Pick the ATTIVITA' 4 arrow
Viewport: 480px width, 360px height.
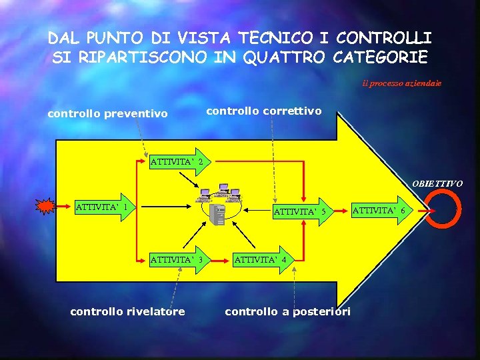[x=261, y=259]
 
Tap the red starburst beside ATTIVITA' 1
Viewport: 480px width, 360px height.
[x=46, y=207]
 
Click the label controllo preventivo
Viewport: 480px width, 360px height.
[x=107, y=114]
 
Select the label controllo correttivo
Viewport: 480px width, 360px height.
[x=263, y=111]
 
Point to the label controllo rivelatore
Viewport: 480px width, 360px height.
[x=127, y=311]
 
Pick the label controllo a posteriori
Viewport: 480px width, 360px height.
[x=287, y=311]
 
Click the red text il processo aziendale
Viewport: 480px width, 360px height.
[x=402, y=84]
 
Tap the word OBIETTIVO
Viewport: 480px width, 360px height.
[x=437, y=183]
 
